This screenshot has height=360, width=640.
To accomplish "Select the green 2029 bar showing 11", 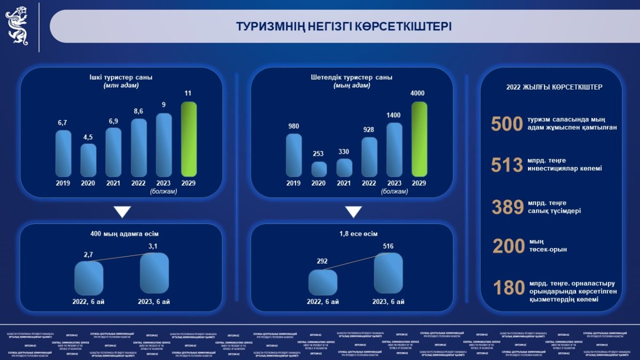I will (x=189, y=139).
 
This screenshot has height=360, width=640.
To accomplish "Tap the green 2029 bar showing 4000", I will (x=419, y=139).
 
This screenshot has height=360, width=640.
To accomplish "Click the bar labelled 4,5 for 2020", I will (x=89, y=160).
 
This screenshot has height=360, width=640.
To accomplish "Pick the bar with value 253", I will (x=319, y=169).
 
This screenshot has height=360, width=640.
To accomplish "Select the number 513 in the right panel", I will (x=507, y=165).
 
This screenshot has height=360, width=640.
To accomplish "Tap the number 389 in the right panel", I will (x=507, y=206).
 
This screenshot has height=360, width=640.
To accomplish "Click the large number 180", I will (x=508, y=288).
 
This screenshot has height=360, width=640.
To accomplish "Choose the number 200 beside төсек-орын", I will (x=508, y=246).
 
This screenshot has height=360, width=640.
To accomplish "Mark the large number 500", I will (x=506, y=124).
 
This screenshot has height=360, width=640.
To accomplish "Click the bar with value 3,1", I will (x=154, y=273).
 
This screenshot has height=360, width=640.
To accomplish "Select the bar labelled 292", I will (x=323, y=283).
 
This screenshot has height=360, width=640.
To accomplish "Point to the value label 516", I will (x=388, y=246).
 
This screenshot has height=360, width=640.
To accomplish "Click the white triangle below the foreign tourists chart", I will (x=353, y=212).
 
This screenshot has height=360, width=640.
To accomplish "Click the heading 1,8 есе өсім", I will (x=353, y=234).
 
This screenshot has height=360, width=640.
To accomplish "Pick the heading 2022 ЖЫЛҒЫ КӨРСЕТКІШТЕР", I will (x=551, y=87).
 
